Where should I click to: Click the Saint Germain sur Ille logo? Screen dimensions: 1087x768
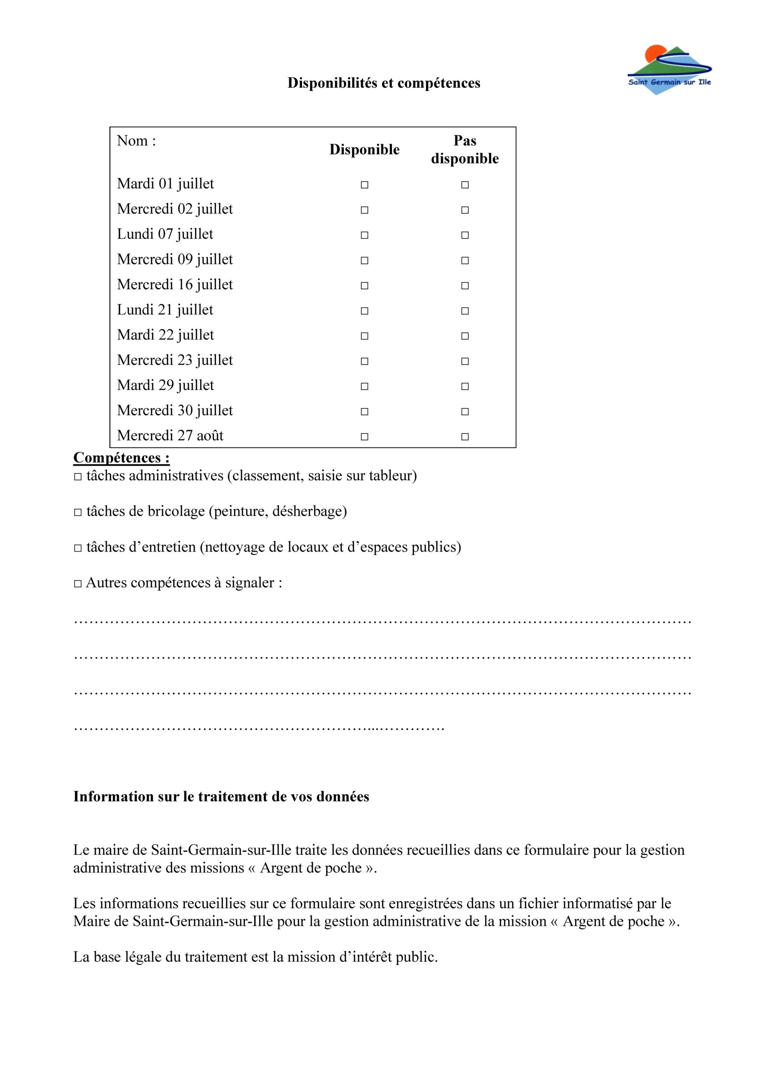(669, 70)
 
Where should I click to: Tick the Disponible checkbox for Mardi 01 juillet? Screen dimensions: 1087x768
(364, 185)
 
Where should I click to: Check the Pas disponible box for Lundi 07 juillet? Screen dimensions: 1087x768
(465, 235)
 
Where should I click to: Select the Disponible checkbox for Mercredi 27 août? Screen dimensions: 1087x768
(364, 436)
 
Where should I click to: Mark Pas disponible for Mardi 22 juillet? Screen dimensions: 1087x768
(465, 336)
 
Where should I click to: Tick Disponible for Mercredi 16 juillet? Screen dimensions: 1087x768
(364, 285)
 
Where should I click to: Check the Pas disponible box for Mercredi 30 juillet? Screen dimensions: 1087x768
(465, 411)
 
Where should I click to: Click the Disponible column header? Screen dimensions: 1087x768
(364, 149)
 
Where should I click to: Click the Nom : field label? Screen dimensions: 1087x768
(136, 141)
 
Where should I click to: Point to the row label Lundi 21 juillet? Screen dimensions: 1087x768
(165, 310)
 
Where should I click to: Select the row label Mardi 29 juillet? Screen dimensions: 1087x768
(165, 385)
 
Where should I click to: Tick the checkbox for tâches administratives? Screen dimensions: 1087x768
(78, 476)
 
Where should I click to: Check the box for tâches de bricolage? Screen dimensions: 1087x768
(78, 512)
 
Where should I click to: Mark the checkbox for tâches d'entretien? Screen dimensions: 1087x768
(78, 548)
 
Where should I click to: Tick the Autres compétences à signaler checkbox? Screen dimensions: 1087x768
(78, 584)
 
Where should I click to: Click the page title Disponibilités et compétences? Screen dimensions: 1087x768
(384, 83)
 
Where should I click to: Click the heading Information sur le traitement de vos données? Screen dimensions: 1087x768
(221, 796)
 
